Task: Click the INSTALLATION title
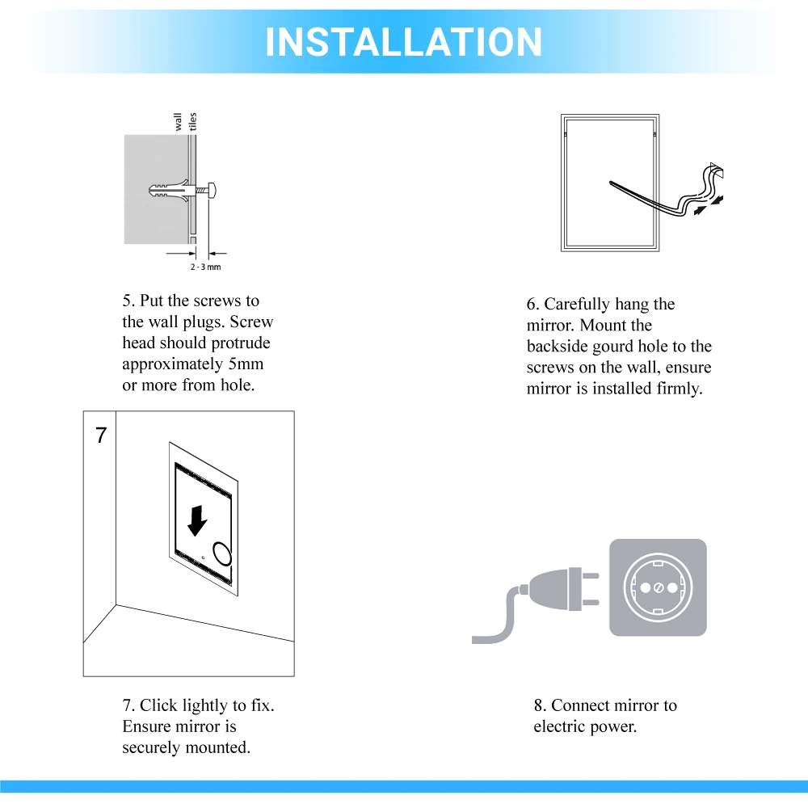[403, 42]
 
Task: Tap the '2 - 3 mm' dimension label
[205, 267]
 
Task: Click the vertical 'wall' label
[179, 122]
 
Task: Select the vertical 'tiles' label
[193, 122]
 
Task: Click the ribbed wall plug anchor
[170, 190]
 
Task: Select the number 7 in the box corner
[101, 436]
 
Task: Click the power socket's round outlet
[657, 587]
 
